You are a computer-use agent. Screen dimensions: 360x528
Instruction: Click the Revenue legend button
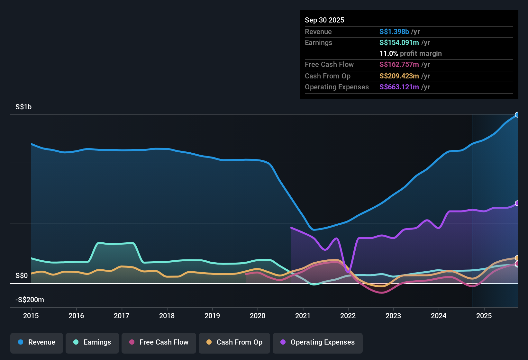point(37,342)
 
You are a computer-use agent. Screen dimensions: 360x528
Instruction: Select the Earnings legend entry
point(92,342)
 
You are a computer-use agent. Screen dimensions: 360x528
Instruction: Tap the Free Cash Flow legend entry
point(159,342)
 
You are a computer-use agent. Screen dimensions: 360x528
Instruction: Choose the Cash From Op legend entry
point(234,342)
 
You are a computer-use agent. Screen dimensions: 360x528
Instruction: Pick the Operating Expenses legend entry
point(318,342)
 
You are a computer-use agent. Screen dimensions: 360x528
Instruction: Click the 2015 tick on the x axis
point(31,316)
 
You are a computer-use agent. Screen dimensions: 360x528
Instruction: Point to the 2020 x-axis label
point(258,316)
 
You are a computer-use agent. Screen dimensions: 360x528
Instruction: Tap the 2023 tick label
point(393,316)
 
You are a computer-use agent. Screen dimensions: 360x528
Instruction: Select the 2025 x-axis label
point(484,316)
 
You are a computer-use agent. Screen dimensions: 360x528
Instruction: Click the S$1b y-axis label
point(23,107)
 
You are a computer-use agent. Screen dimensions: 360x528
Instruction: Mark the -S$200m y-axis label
point(30,300)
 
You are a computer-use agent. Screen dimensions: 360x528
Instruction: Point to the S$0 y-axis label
point(22,276)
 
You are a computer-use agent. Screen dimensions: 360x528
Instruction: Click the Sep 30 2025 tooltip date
point(324,20)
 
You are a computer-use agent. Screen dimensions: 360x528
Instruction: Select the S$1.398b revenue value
point(394,32)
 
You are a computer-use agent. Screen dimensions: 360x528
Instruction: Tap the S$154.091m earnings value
point(399,43)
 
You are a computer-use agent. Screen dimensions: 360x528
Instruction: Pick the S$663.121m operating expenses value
point(399,87)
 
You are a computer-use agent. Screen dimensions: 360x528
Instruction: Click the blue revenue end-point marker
point(517,115)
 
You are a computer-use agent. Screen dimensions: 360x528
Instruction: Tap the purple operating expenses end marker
point(517,203)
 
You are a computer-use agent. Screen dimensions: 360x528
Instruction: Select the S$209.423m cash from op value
point(399,76)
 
